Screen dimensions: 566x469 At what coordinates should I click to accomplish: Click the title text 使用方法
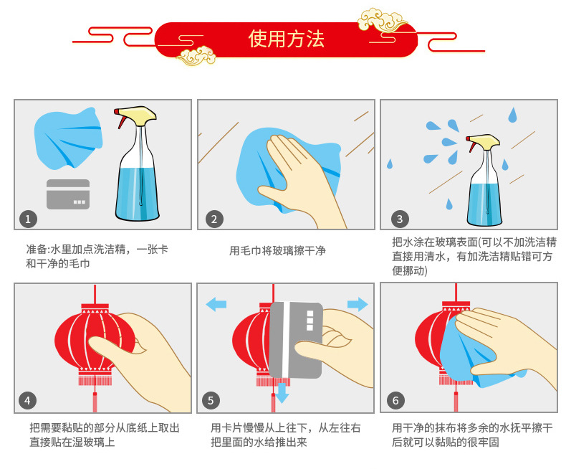287,39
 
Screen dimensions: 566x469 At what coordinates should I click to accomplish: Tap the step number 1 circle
28,219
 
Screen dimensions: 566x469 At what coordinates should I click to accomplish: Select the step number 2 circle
214,219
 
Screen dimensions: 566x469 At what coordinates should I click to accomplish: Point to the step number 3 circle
400,219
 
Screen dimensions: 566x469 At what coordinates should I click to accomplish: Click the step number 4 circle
27,400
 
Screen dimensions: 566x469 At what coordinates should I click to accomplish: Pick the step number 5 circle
211,400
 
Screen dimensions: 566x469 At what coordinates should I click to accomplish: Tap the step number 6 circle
395,400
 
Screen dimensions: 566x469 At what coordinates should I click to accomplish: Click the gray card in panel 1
68,194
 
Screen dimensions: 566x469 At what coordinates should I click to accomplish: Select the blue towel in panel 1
68,138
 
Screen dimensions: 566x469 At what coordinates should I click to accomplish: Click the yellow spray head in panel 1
140,115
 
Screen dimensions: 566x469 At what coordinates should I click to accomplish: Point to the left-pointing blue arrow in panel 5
216,304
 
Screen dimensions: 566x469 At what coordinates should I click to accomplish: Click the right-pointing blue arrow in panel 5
358,304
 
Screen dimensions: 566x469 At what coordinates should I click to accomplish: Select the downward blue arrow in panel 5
282,393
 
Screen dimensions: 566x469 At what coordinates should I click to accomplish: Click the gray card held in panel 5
295,340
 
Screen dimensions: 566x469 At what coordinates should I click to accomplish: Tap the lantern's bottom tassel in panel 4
95,402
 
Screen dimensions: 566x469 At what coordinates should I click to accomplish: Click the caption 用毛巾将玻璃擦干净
277,250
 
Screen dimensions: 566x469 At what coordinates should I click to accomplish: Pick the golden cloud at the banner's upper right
382,20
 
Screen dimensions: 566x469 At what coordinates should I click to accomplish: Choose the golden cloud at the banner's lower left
196,56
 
